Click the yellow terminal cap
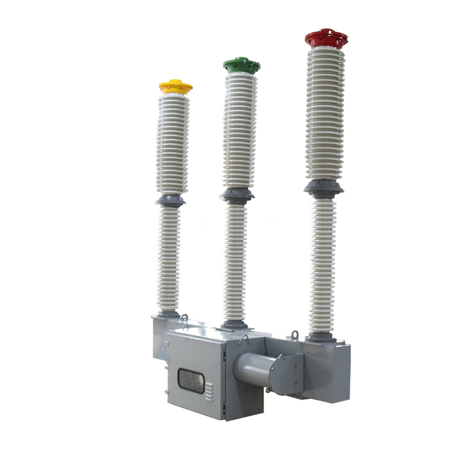[175, 88]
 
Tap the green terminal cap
[241, 64]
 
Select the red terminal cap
[326, 39]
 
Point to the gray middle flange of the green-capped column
[237, 195]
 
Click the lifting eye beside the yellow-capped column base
[184, 318]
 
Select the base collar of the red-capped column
[321, 337]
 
